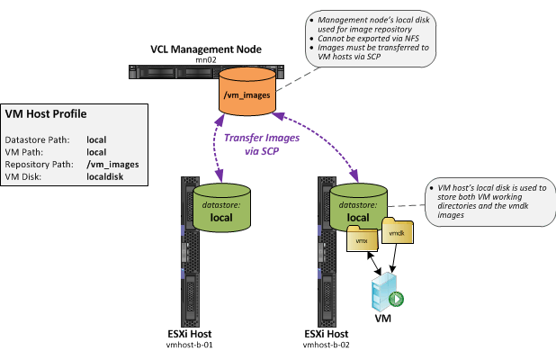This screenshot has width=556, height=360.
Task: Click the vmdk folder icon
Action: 397,232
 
